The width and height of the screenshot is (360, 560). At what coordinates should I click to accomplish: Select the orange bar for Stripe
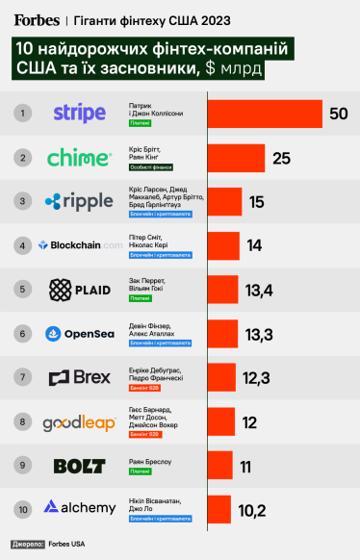265,114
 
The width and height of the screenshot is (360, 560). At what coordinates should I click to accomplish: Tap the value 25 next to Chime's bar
281,158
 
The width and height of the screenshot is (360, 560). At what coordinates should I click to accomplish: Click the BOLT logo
79,466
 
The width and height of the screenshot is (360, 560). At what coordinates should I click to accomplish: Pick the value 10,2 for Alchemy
252,510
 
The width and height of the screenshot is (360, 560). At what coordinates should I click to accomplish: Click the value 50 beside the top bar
338,114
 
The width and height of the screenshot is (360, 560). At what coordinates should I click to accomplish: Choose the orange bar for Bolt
219,466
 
